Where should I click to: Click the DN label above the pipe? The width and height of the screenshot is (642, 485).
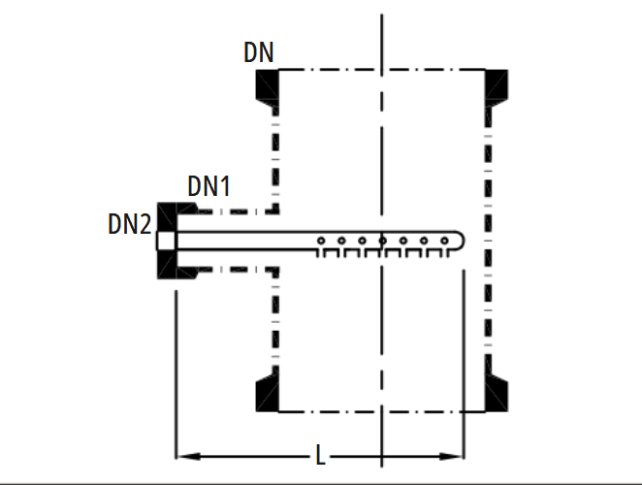[x=258, y=52]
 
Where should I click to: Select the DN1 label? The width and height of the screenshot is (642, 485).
[x=209, y=186]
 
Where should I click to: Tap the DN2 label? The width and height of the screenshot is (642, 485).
[x=129, y=224]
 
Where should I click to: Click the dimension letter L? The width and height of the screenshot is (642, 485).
[x=321, y=455]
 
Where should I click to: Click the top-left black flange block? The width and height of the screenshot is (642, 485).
[x=268, y=88]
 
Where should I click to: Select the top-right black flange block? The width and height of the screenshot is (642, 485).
[x=497, y=88]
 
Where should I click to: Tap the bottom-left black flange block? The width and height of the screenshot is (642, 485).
[x=268, y=393]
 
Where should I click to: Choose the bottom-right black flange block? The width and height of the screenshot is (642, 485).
[x=497, y=393]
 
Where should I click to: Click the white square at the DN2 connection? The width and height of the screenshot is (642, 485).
[x=167, y=241]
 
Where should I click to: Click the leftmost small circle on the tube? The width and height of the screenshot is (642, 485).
[x=321, y=241]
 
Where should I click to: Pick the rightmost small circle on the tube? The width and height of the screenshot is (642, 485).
[x=444, y=241]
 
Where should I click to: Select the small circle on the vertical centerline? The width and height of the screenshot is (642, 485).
[x=382, y=241]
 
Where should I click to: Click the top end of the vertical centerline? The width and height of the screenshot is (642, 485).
[x=382, y=15]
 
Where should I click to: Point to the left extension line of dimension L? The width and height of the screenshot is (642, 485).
[x=177, y=374]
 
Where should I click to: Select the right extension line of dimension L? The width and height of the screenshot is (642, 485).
[x=464, y=364]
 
